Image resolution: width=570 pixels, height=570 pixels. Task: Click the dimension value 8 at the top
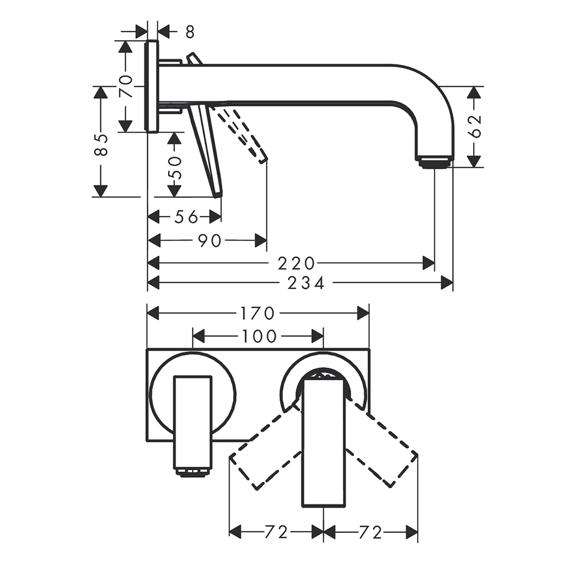190,32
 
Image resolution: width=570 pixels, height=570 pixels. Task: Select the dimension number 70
126,87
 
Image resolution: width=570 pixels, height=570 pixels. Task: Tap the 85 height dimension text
101,145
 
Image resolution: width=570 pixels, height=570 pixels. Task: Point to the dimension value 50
175,168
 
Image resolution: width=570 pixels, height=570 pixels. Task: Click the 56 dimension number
186,217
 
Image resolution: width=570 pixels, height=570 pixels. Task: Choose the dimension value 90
210,241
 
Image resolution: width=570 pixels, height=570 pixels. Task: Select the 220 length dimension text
296,263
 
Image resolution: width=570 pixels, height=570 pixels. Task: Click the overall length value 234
306,283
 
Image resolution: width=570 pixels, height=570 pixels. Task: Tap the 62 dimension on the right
476,127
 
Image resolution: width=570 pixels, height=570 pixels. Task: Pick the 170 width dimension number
258,313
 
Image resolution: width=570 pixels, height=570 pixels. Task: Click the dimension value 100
258,336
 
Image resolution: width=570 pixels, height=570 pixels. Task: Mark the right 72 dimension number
370,532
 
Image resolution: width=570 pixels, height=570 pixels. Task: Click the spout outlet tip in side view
434,162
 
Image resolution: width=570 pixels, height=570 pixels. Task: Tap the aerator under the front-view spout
193,471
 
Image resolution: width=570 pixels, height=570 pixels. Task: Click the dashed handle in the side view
241,133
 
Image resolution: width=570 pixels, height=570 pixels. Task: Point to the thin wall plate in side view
152,87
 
